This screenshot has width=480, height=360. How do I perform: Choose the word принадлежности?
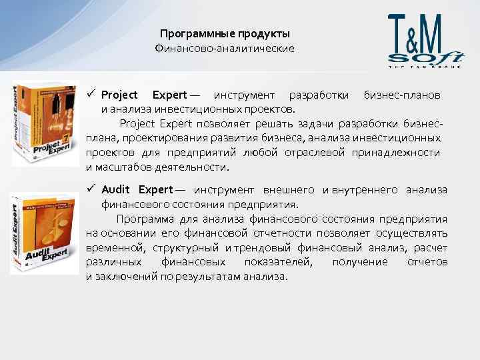(407, 153)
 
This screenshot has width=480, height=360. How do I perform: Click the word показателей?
(273, 262)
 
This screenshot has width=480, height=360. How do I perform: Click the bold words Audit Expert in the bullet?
(136, 191)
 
